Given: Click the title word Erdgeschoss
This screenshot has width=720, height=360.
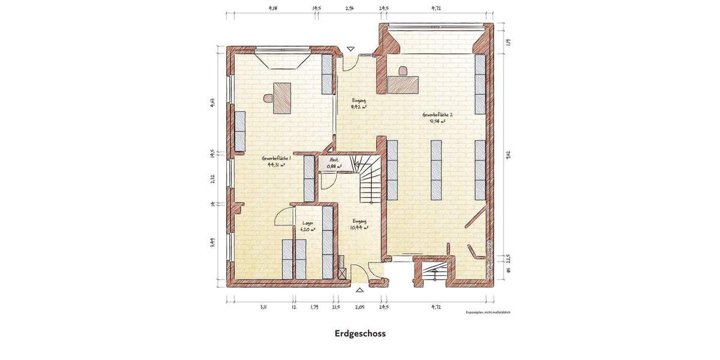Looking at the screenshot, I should [x=360, y=334].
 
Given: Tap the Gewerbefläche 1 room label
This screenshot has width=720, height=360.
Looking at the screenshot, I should [x=276, y=158].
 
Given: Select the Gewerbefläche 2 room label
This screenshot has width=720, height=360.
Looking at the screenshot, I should [x=437, y=114].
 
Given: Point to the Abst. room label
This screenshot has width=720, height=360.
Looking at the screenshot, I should [x=334, y=160].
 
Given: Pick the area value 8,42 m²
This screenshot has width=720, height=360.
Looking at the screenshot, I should [x=359, y=107].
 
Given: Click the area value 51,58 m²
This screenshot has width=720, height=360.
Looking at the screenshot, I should [x=437, y=121].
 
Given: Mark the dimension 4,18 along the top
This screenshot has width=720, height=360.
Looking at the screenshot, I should [x=273, y=8].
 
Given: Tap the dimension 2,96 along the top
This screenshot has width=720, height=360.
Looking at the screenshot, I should [x=350, y=8].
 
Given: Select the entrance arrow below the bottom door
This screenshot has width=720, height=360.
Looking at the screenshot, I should [x=359, y=290].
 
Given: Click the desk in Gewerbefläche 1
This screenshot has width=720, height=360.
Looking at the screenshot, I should [x=282, y=98].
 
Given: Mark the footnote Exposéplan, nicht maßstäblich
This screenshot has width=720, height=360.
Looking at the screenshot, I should [x=487, y=313].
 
